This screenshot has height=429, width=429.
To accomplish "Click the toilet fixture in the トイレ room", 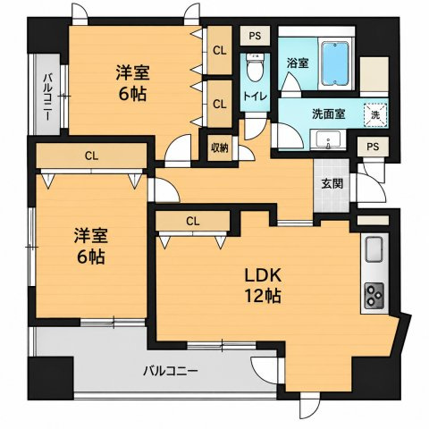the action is point(256,67).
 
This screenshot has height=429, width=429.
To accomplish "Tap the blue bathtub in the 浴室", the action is point(335,63).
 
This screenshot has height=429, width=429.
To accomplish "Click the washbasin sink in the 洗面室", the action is point(328,140).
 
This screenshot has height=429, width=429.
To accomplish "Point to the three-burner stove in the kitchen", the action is point(374,295).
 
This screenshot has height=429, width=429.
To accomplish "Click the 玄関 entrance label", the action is point(332,184).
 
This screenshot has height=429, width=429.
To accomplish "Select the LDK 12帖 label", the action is point(263,285).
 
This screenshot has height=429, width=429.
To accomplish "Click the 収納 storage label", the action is point(220,148).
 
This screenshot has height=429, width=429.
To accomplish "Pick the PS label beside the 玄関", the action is point(373,147).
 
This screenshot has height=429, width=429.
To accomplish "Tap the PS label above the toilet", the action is point(255,36).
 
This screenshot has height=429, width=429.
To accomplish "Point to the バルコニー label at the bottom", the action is point(171,371).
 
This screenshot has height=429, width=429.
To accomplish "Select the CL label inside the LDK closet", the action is point(193,222).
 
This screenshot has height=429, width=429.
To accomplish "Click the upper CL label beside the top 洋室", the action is point(220,51).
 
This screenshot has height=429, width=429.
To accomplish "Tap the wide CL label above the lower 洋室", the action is point(91,156).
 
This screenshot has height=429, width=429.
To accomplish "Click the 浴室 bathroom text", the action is point(298,63).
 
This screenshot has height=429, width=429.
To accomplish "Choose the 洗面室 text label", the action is point(329,114).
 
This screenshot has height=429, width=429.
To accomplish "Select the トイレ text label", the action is point(256,97).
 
